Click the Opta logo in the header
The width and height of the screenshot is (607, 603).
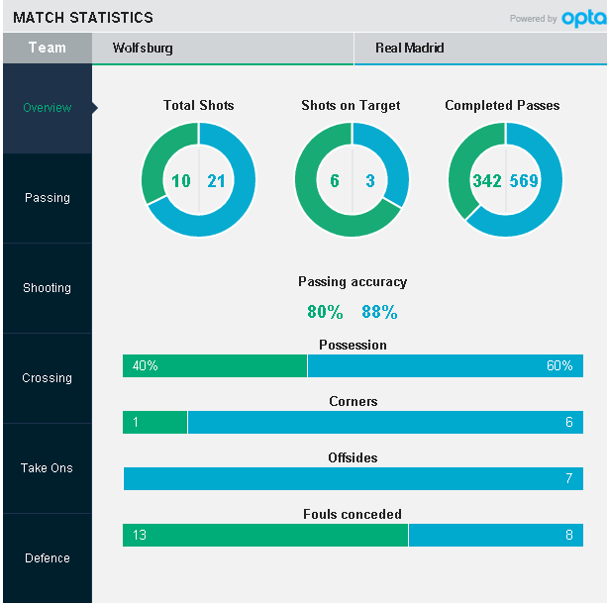581,18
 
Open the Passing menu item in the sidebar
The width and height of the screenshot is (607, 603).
47,198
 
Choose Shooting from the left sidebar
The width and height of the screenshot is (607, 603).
47,288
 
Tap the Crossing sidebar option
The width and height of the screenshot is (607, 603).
47,378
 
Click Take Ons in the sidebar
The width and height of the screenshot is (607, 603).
47,468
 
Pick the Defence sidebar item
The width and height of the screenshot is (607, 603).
47,558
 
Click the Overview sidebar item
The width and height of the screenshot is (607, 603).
47,108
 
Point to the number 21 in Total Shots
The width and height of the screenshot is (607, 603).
217,180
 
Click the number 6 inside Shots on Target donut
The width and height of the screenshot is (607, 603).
335,180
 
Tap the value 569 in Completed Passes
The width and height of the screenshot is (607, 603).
524,180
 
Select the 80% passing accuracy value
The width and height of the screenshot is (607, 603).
325,312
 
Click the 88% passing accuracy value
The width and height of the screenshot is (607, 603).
379,312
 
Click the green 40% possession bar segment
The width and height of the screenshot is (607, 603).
215,365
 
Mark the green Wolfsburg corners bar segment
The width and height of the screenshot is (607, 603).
154,423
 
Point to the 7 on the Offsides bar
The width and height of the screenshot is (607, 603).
568,479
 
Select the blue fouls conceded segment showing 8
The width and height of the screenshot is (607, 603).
495,536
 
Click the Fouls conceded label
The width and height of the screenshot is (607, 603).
352,514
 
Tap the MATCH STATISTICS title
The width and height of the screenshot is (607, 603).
83,18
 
